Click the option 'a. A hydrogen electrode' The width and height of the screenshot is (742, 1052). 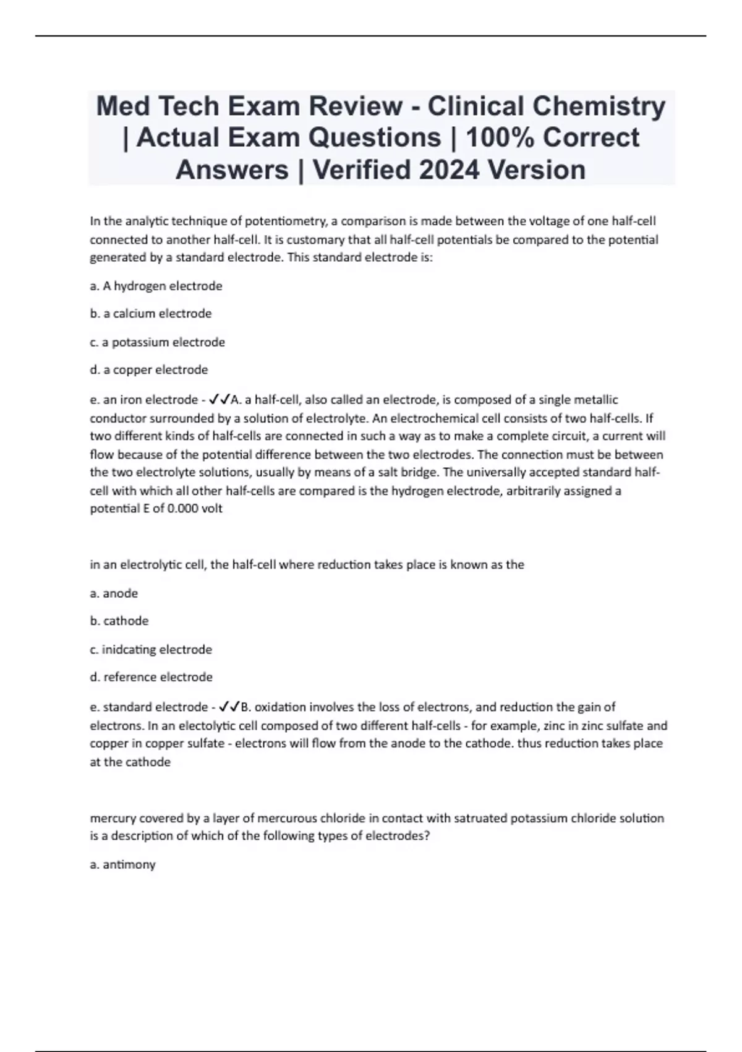[156, 286]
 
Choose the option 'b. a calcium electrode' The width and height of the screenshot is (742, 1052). [150, 314]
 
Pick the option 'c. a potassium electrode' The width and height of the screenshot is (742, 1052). [157, 342]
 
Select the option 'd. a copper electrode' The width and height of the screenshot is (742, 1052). [148, 370]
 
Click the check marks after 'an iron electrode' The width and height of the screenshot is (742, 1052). [220, 400]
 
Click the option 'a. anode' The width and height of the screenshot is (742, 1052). [114, 593]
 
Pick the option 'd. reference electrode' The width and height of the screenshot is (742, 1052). [151, 677]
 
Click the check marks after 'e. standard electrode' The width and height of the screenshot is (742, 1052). [229, 707]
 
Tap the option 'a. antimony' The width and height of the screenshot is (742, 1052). [122, 864]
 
